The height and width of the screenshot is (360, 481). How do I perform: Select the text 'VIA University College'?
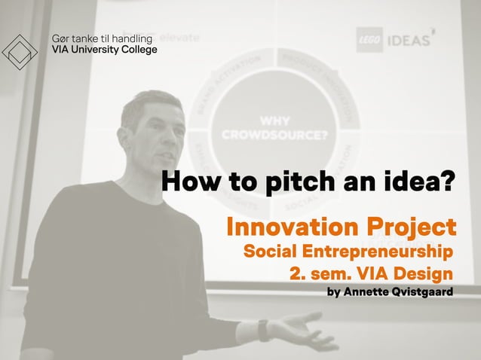coord(103,50)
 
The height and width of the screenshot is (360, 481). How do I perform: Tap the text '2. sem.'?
coord(317,273)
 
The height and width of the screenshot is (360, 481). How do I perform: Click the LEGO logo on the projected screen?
coord(369,40)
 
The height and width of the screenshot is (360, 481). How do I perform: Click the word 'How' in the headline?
coord(188,182)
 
